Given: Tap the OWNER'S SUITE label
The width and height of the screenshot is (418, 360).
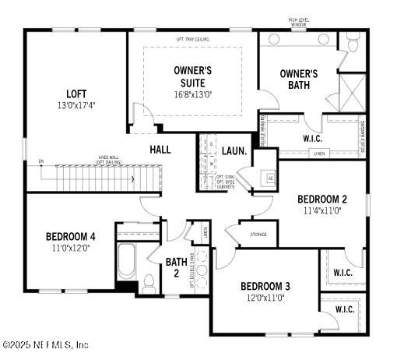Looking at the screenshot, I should tap(191, 75).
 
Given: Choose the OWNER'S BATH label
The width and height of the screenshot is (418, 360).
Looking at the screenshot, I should tap(300, 79).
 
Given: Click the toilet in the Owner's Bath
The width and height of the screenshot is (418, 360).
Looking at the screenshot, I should tap(353, 43).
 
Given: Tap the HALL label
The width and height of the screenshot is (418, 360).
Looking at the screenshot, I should tap(160, 149).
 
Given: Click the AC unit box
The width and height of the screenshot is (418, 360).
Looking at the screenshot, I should tap(270, 178).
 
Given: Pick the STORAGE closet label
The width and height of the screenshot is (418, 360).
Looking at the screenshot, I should tap(258, 234).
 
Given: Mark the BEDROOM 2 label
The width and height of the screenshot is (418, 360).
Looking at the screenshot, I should tap(321, 199).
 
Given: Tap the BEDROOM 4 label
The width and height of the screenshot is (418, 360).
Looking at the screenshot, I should tap(70, 236).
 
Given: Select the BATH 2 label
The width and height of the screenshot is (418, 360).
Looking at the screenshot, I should tap(176, 267).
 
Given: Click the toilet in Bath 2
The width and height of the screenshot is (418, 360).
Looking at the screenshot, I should tap(149, 281).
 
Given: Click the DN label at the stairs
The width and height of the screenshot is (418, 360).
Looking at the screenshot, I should tap(40, 162).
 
